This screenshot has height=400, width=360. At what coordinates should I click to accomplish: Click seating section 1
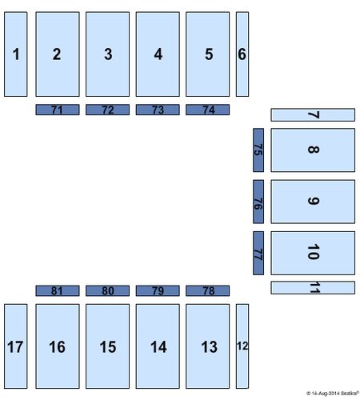16,54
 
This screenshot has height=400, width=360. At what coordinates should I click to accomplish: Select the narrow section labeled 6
242,54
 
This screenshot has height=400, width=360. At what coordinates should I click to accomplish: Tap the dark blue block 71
58,110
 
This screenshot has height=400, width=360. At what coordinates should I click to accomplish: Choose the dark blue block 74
207,110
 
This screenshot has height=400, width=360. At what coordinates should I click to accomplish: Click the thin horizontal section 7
313,115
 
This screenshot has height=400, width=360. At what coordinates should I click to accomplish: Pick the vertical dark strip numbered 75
258,150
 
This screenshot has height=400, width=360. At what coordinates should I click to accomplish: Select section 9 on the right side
313,202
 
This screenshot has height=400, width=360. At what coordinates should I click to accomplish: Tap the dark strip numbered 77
258,253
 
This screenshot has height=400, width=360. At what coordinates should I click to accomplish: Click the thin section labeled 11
313,288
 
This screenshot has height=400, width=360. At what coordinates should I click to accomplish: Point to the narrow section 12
242,346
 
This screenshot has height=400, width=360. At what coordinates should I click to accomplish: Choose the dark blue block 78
207,290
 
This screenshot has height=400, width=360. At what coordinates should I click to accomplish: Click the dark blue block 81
58,290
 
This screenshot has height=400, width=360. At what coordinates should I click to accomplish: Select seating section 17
16,346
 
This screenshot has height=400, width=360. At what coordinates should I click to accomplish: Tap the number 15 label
108,347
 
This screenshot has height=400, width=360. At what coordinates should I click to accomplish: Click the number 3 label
108,54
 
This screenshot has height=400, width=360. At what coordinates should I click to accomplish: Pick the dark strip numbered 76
258,202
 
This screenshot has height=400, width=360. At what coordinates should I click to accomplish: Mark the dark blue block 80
107,290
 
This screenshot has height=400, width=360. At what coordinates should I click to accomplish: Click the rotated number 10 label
314,252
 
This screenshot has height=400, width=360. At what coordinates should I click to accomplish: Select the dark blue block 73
158,110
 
